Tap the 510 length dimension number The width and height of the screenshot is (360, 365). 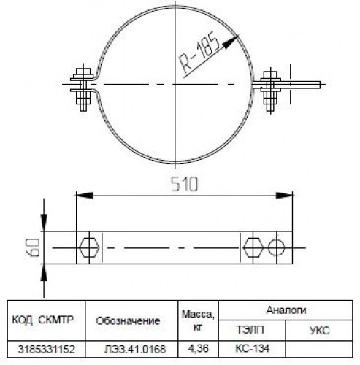tap(184, 184)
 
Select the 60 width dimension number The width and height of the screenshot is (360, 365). tap(33, 247)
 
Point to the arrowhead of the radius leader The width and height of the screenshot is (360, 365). tap(231, 42)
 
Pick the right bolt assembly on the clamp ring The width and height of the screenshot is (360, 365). tap(271, 90)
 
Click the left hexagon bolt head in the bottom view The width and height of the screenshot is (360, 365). tap(89, 247)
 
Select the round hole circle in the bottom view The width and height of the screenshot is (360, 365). tap(276, 247)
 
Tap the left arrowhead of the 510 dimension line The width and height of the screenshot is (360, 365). tap(85, 195)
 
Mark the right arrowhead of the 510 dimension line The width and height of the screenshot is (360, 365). tap(284, 195)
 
